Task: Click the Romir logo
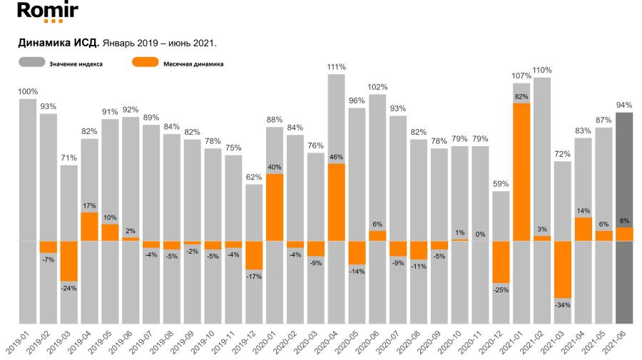46,12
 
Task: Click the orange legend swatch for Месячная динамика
145,63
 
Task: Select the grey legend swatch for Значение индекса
31,63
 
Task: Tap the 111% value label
337,67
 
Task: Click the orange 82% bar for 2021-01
521,172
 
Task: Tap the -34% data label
563,305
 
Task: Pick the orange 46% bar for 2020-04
337,202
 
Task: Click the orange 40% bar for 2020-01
275,207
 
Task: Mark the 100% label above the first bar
28,91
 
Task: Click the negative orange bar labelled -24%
68,261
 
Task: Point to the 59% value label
501,184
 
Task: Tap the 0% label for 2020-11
480,235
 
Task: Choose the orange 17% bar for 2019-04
89,227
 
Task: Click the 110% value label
542,70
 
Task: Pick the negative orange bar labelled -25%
501,262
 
